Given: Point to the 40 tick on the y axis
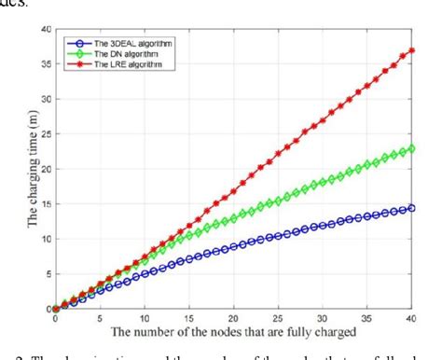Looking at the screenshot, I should (x=46, y=30).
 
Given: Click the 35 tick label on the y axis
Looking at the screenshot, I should (x=46, y=64).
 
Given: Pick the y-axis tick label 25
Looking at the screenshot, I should (x=46, y=134).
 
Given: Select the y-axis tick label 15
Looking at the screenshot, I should (x=46, y=204).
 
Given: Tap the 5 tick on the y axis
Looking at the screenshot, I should (x=48, y=274).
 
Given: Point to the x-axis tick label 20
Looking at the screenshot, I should (x=234, y=318).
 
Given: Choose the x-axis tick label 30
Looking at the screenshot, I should (x=324, y=318).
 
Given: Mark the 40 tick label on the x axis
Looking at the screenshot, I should (x=412, y=318).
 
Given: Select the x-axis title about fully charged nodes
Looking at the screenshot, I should (x=234, y=332).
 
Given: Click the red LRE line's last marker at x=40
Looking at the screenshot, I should (x=412, y=50).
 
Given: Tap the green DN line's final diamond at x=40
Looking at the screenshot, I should (x=412, y=148).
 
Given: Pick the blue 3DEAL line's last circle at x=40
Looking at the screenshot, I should (x=412, y=208).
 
